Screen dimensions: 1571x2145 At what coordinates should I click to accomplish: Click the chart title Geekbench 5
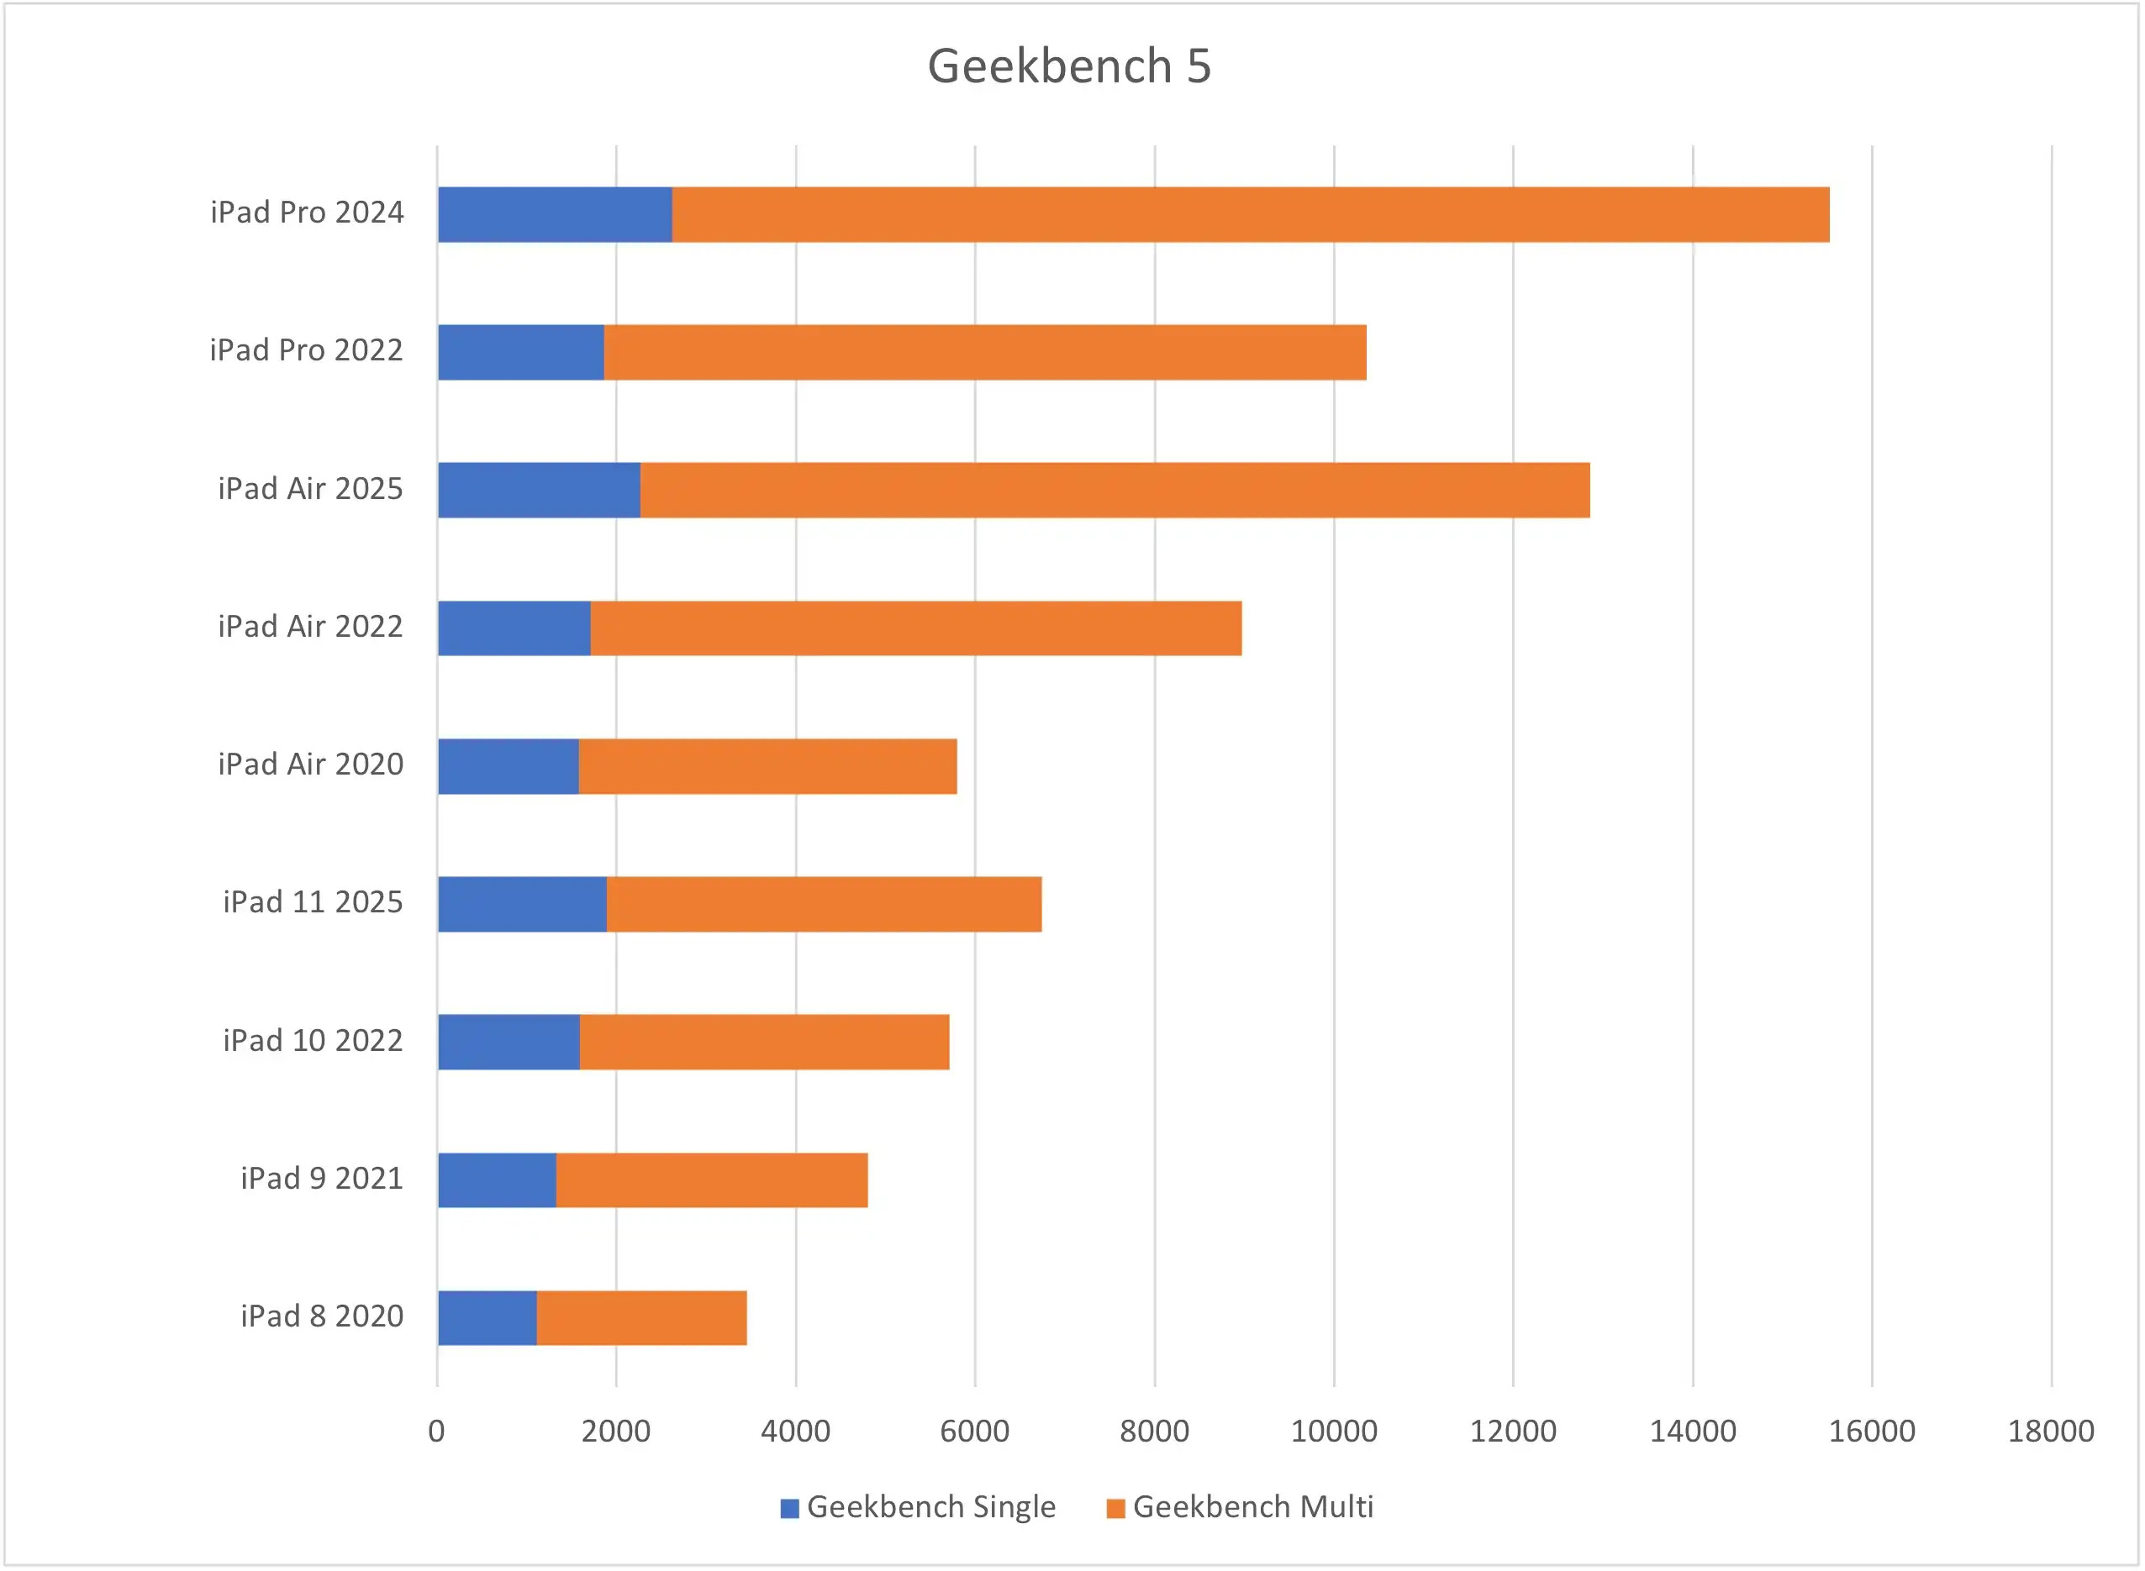click(x=1069, y=66)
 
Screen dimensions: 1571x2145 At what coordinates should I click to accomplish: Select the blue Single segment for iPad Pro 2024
click(x=555, y=215)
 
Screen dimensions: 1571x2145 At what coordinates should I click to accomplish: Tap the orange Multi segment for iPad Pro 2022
click(x=984, y=353)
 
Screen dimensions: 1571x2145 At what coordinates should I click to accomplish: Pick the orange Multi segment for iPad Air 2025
click(x=1114, y=491)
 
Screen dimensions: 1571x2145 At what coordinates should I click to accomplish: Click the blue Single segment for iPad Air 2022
click(x=514, y=628)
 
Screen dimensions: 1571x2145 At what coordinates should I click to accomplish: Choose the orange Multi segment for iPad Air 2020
click(x=767, y=766)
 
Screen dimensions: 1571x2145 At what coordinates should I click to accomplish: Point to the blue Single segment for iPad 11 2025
click(x=522, y=904)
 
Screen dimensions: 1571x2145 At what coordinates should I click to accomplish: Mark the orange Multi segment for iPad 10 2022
click(x=764, y=1043)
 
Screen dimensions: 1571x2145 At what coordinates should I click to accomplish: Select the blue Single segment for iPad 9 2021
click(x=497, y=1180)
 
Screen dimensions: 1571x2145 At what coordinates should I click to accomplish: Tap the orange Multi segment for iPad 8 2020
click(x=641, y=1318)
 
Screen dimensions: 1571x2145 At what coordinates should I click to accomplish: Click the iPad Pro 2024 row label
click(x=308, y=212)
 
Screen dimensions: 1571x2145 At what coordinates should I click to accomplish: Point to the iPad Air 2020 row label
click(x=310, y=764)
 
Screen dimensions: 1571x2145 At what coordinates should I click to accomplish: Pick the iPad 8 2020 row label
click(x=322, y=1316)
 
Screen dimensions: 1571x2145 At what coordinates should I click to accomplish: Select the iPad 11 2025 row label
click(x=313, y=902)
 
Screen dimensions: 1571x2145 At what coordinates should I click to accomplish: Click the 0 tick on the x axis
click(x=436, y=1432)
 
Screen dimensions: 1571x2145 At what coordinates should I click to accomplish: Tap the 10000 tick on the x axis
click(x=1334, y=1432)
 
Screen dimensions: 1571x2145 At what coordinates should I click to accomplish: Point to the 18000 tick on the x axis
click(x=2051, y=1432)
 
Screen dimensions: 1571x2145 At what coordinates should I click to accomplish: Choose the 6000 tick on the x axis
click(x=974, y=1432)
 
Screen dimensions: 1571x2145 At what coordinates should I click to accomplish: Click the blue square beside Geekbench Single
click(x=788, y=1508)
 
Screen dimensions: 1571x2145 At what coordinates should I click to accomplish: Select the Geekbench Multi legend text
click(x=1252, y=1507)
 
